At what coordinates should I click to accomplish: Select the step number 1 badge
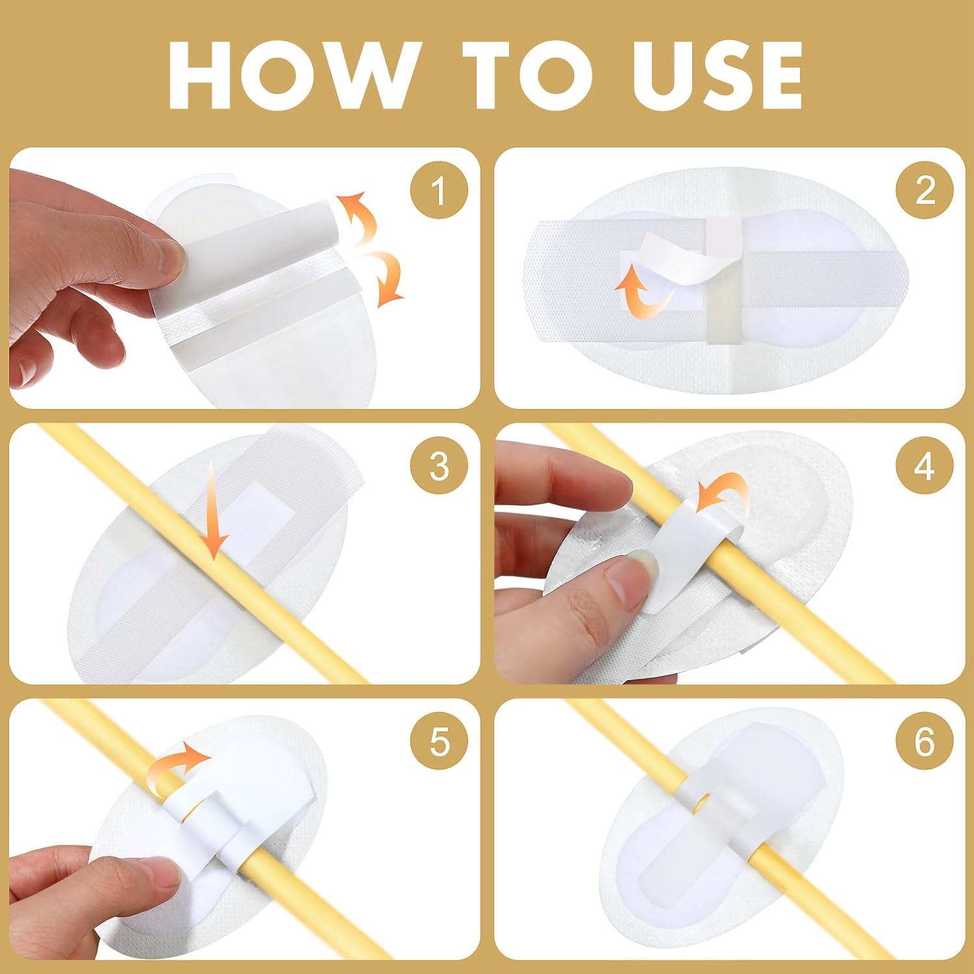(439, 192)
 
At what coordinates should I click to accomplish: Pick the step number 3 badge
(439, 466)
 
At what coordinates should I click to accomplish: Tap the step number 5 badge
(439, 741)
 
